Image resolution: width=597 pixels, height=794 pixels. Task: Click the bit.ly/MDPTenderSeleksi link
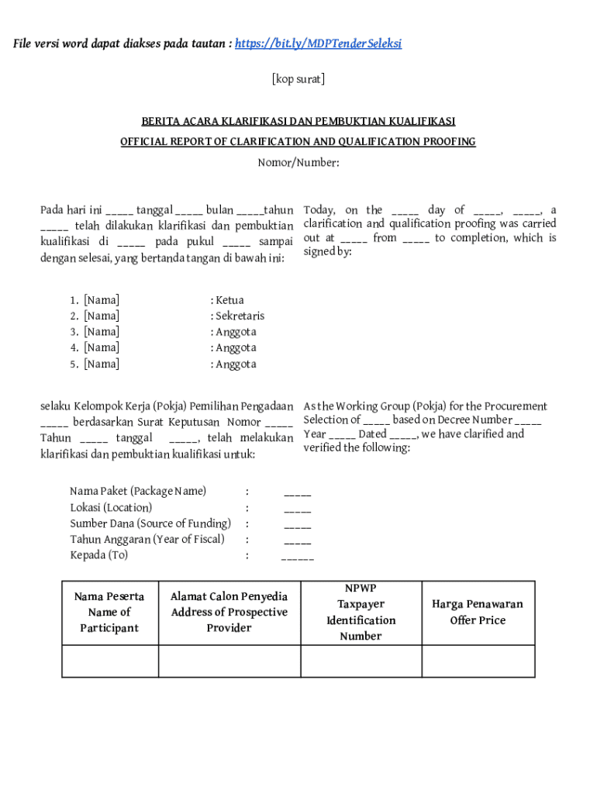point(317,43)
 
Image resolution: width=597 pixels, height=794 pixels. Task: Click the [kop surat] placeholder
point(298,79)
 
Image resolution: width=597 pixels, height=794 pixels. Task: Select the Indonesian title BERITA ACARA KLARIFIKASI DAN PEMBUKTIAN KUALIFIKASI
point(298,122)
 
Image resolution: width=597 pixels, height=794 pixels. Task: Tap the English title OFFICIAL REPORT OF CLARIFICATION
point(298,142)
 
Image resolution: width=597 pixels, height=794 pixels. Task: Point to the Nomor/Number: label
point(298,163)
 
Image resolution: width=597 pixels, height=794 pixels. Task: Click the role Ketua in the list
point(229,300)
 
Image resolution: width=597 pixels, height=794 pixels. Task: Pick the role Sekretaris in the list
point(239,316)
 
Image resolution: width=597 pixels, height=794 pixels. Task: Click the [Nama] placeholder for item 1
point(102,300)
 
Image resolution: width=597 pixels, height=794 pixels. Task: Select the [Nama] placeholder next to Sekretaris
point(102,316)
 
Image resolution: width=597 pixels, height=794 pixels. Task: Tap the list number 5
point(74,364)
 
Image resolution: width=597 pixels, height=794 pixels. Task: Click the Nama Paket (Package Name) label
point(138,491)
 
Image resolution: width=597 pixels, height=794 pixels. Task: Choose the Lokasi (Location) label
point(111,507)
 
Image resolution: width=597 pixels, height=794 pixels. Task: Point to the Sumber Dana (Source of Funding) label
point(150,523)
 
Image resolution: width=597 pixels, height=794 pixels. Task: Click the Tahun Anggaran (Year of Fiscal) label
point(147,539)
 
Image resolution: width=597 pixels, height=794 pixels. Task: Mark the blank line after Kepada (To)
point(298,557)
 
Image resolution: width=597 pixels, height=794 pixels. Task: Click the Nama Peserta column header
point(109,612)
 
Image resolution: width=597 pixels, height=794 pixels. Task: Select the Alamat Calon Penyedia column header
point(229,612)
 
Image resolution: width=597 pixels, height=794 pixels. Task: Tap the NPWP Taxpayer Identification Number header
point(361,613)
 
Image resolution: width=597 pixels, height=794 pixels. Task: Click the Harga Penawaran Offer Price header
point(478,612)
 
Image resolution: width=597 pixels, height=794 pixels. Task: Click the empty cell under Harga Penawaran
point(478,661)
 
